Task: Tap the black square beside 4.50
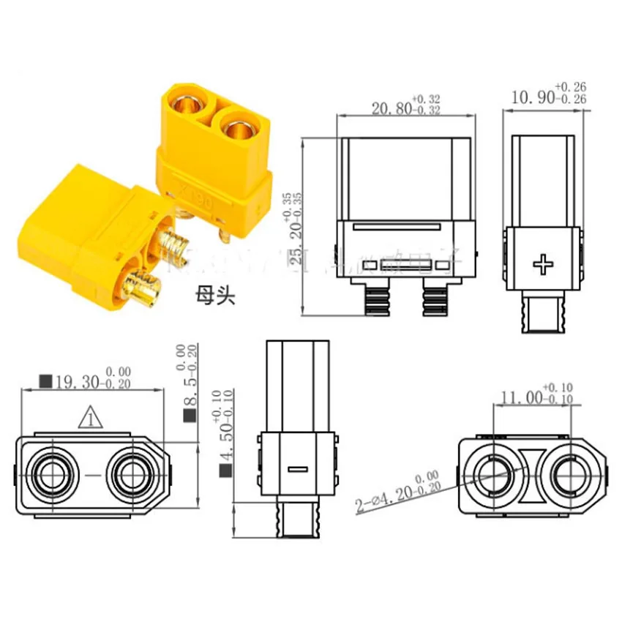225,469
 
